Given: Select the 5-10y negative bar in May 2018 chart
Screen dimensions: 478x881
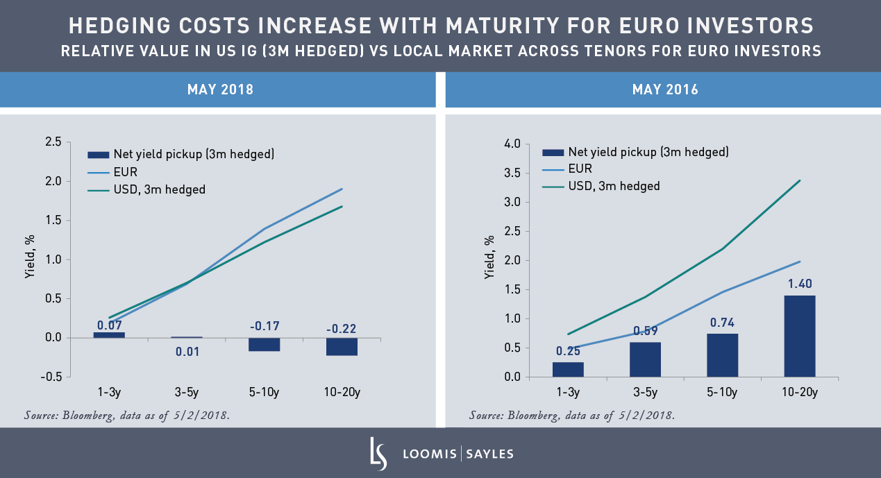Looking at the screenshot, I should point(263,345).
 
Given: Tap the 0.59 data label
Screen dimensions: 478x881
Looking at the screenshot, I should point(646,330).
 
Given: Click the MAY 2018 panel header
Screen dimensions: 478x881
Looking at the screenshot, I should point(219,89).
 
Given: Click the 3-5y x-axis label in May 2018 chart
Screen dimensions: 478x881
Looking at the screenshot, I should point(186,393).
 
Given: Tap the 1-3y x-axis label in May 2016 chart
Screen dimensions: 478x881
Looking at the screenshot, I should point(567,393).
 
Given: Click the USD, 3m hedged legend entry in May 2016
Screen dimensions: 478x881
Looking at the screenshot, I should point(614,186).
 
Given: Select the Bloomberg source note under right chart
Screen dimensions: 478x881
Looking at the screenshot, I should point(571,416).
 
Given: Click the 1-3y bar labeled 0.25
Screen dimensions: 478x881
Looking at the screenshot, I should point(568,370).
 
